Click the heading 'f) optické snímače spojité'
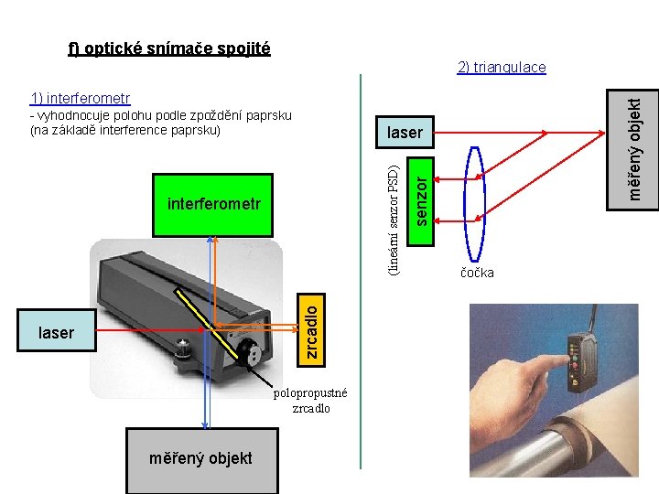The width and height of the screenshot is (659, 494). [169, 48]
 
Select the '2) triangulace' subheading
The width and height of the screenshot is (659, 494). [502, 67]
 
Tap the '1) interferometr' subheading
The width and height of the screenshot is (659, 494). [80, 98]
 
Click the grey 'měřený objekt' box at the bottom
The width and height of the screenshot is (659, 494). [200, 458]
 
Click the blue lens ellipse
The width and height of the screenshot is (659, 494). [476, 206]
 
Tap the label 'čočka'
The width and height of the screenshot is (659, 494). [477, 273]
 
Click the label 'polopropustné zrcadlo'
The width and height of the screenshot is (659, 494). [310, 401]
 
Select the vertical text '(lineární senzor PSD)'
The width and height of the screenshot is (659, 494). [392, 219]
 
